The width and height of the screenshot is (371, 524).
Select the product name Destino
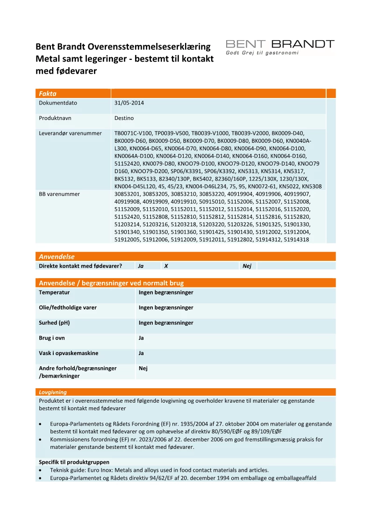(x=124, y=118)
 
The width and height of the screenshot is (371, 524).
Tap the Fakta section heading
(x=48, y=94)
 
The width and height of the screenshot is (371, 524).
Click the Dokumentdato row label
(x=58, y=103)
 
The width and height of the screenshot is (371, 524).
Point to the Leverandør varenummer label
(x=70, y=133)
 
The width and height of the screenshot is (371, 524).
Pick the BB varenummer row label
(x=59, y=194)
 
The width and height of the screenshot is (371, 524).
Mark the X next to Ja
(x=166, y=266)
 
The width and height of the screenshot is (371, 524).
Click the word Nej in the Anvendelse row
(x=247, y=266)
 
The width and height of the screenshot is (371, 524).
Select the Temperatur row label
(x=54, y=293)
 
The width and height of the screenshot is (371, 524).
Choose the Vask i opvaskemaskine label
(x=68, y=353)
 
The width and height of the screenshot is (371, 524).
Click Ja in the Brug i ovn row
(x=141, y=338)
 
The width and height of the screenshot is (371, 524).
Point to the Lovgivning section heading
(x=53, y=392)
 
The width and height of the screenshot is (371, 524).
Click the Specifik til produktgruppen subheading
(x=74, y=462)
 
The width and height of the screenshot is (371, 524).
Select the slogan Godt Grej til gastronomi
(x=262, y=53)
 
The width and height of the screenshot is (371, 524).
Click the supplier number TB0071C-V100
(x=133, y=133)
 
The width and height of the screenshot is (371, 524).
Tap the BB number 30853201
(x=127, y=194)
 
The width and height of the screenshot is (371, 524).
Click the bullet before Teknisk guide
(x=41, y=470)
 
